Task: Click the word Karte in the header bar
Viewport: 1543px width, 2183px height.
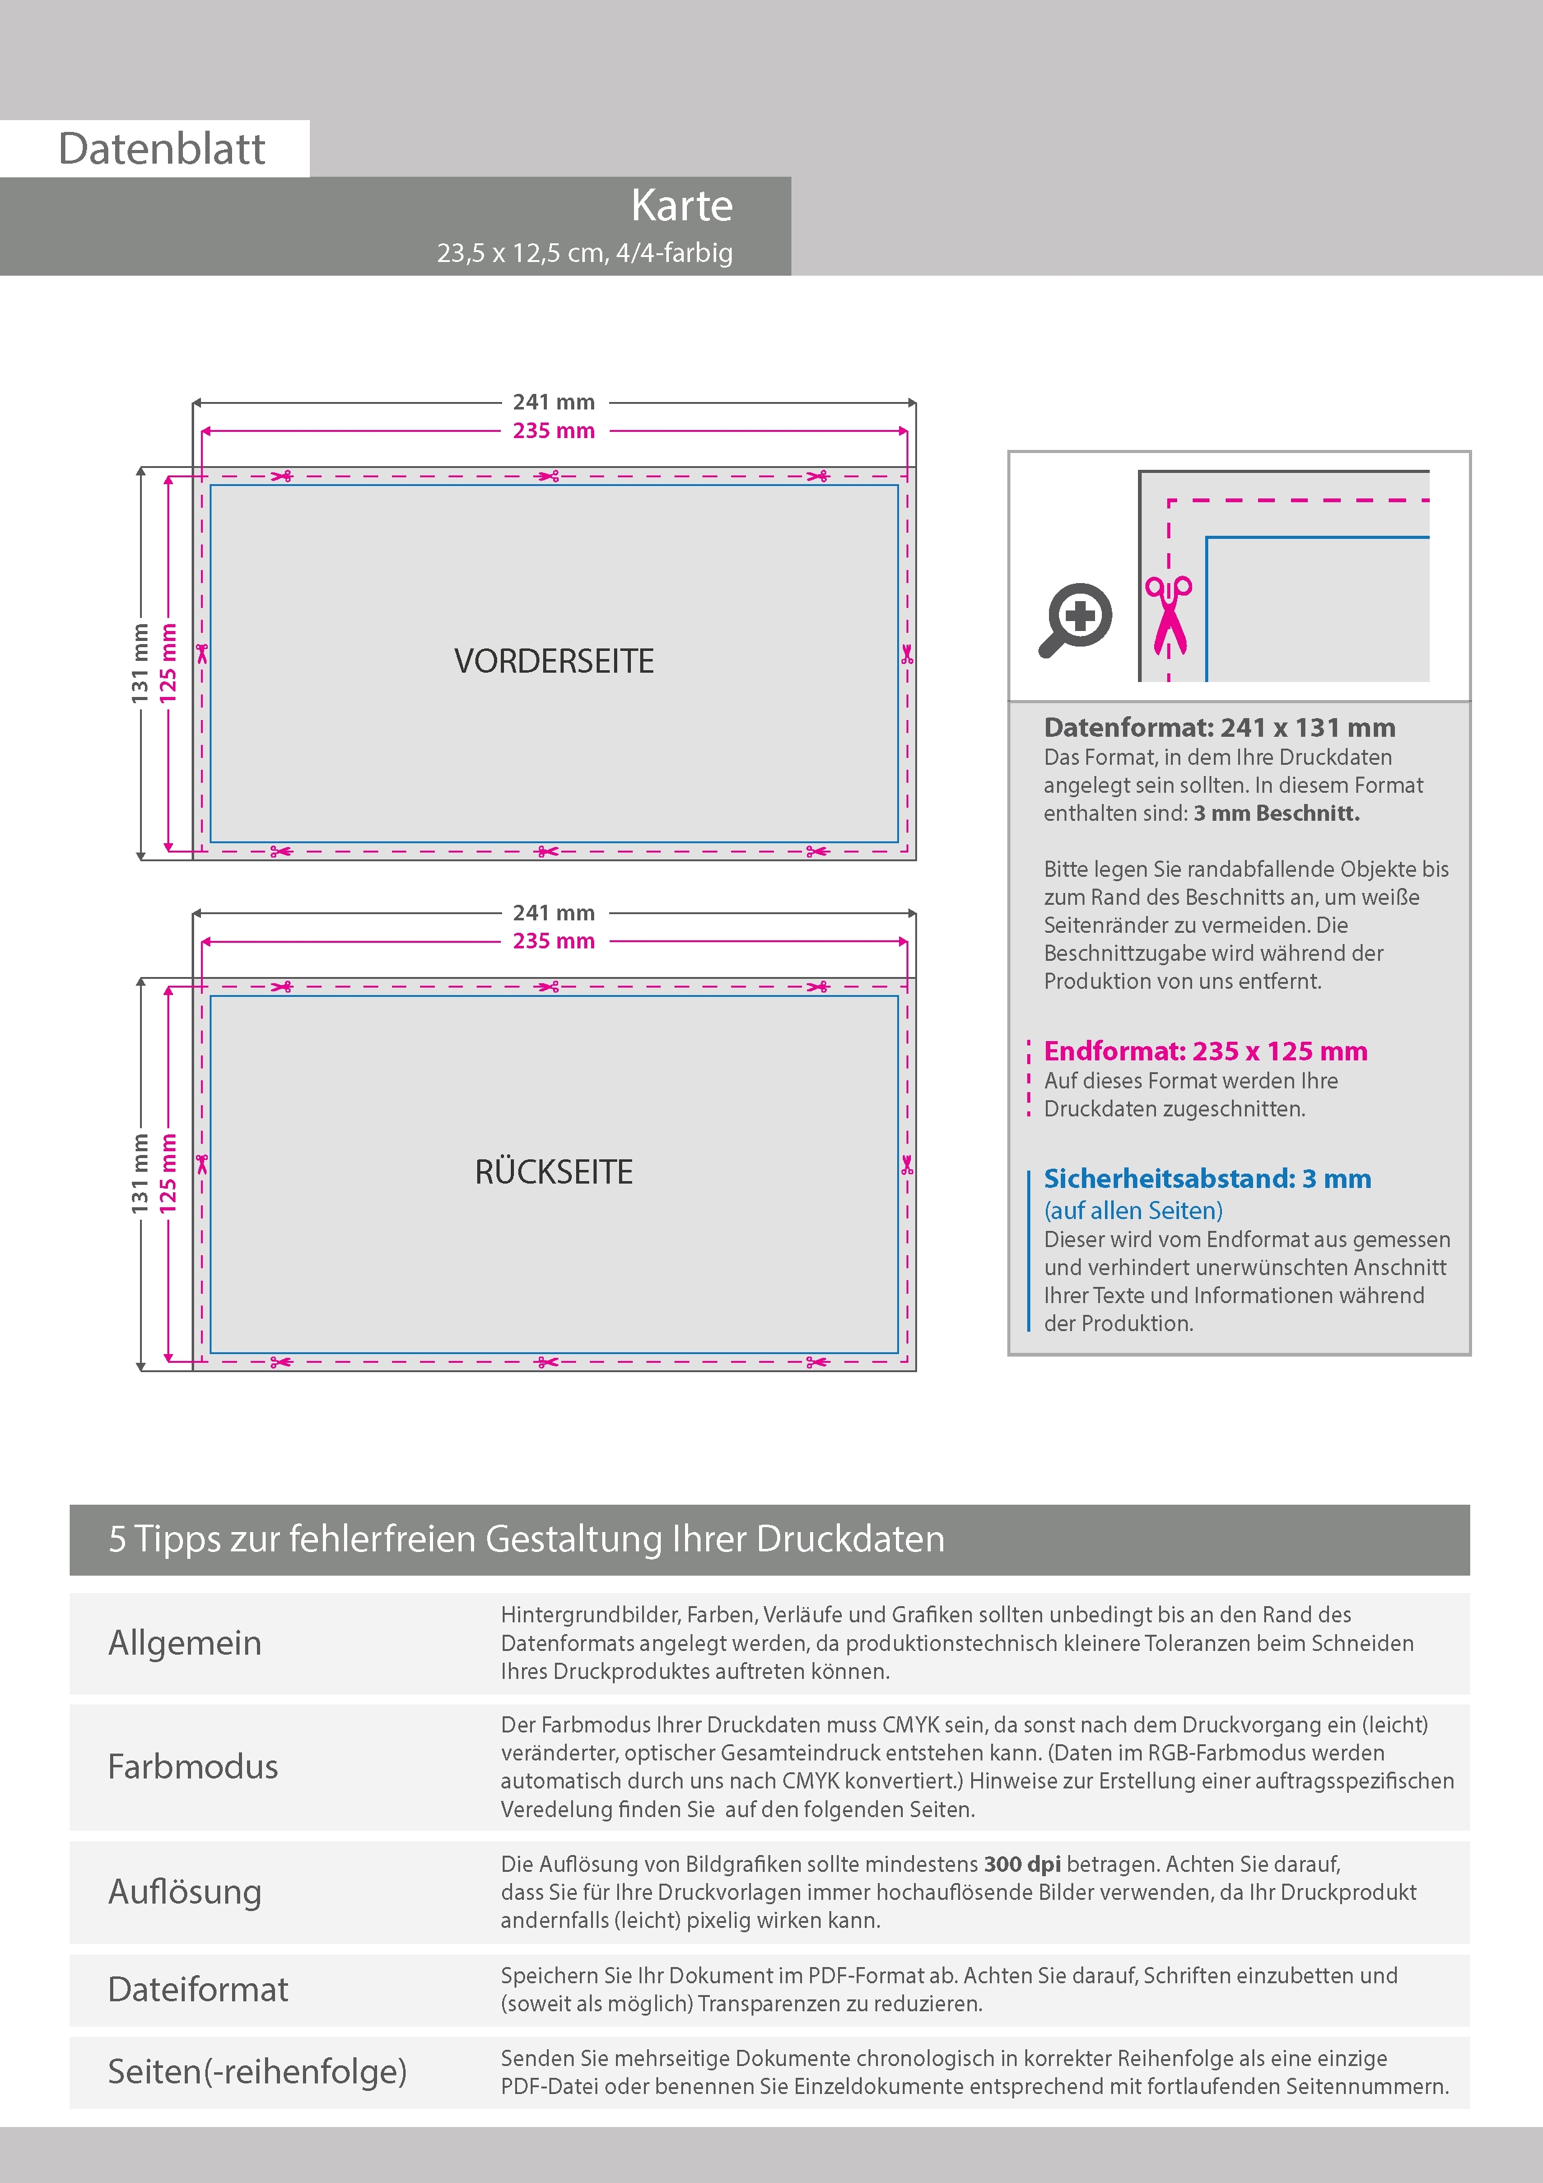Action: (x=682, y=205)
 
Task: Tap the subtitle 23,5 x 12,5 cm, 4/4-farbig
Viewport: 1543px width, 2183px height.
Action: (x=585, y=253)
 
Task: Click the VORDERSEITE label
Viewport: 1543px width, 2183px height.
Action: (x=554, y=661)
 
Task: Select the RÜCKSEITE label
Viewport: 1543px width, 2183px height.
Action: (x=554, y=1171)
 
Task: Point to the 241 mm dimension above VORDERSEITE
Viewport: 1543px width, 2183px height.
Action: (x=554, y=402)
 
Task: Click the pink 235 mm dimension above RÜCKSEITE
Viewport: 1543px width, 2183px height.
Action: (x=554, y=942)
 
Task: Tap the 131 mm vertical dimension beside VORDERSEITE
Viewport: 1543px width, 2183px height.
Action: (x=141, y=663)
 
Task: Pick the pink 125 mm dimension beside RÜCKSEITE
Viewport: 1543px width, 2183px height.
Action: (x=168, y=1173)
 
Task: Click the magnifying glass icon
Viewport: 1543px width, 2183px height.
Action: (x=1075, y=620)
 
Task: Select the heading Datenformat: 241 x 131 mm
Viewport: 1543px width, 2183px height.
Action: (x=1219, y=728)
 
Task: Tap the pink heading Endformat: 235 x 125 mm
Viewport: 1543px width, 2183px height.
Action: (x=1206, y=1052)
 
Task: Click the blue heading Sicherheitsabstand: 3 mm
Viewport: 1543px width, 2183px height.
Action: (x=1208, y=1179)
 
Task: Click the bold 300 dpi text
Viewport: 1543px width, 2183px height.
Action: (x=1022, y=1864)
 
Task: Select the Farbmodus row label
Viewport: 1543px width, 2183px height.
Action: (x=193, y=1767)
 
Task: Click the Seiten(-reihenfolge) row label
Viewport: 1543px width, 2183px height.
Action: (x=257, y=2072)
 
